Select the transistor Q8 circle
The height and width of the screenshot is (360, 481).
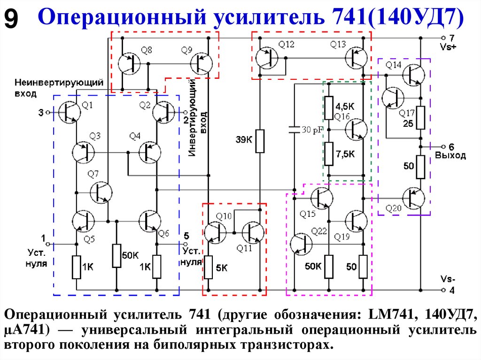point(129,63)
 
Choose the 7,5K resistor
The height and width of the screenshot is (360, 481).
point(329,153)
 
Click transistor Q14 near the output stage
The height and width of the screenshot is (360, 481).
point(413,74)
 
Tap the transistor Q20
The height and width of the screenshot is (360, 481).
point(413,199)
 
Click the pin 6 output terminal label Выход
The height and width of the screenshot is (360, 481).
point(450,155)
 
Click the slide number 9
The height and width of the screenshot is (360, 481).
point(12,19)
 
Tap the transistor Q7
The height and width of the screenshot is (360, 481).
point(101,192)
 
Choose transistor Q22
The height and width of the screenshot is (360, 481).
point(301,244)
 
